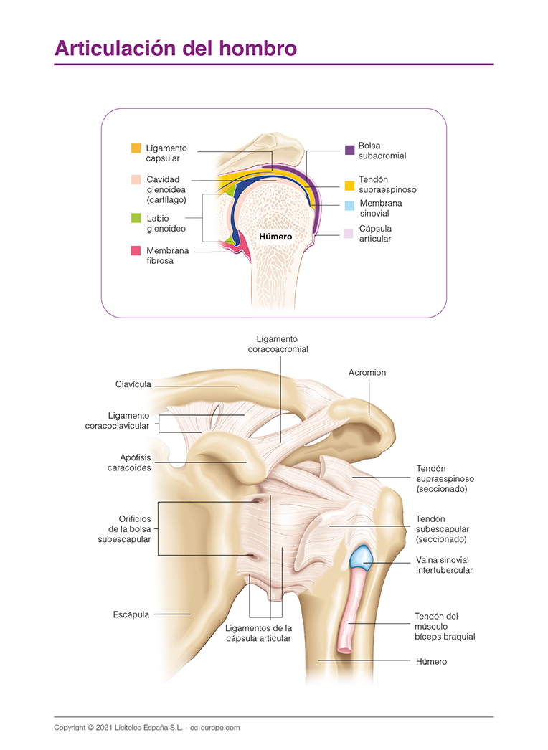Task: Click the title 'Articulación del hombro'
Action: tap(176, 48)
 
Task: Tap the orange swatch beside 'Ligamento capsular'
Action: tap(136, 148)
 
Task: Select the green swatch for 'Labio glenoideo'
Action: tap(136, 218)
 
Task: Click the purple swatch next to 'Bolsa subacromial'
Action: tap(349, 150)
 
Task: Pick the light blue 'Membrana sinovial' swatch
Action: tap(349, 206)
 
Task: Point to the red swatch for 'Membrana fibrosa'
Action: tap(136, 251)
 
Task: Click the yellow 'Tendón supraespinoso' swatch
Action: tap(349, 185)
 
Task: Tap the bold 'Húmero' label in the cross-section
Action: tap(276, 236)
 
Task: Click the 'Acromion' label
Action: tap(367, 373)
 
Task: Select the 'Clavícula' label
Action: tap(133, 384)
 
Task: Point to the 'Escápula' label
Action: tap(131, 614)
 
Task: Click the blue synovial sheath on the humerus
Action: tap(361, 557)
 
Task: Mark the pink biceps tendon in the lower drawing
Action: tap(349, 609)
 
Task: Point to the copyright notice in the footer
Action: tap(146, 728)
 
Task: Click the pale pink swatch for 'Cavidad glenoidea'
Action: tap(136, 179)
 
